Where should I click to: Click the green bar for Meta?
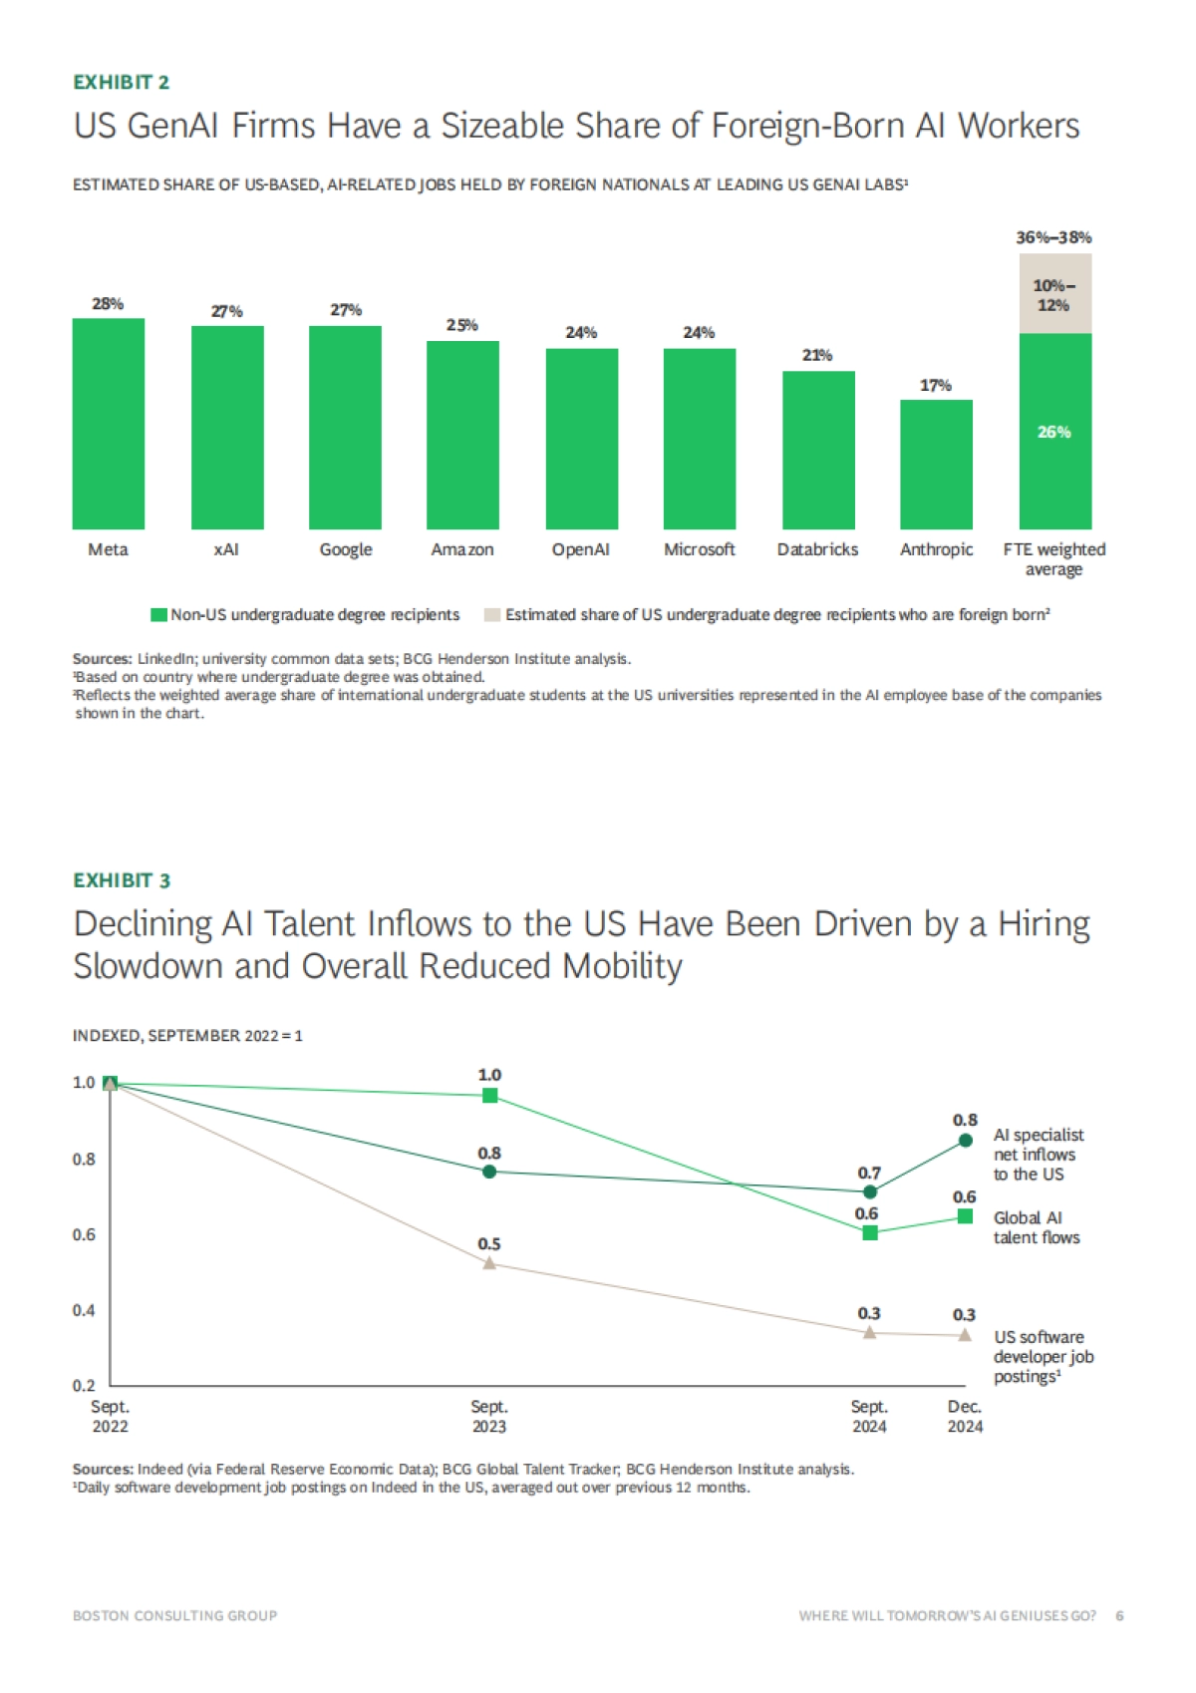[x=109, y=424]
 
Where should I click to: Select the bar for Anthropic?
[x=936, y=465]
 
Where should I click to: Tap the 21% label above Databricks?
[x=817, y=355]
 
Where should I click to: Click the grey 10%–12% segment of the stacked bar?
[x=1054, y=294]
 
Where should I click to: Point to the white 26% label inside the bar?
[x=1054, y=432]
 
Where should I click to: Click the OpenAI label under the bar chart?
[x=581, y=549]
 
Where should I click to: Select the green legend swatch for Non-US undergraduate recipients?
[x=158, y=615]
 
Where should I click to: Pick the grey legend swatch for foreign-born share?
[x=491, y=615]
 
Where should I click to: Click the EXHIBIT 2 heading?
[x=122, y=83]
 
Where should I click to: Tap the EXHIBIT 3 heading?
[x=122, y=880]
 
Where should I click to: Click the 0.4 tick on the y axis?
[x=84, y=1310]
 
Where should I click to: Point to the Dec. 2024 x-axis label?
[x=965, y=1417]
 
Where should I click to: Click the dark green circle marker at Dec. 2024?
[x=965, y=1141]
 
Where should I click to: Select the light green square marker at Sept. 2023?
[x=489, y=1096]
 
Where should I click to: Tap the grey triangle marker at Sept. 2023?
[x=489, y=1263]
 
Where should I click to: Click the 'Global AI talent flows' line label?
[x=1036, y=1227]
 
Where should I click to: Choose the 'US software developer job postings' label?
[x=1043, y=1357]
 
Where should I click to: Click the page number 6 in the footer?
[x=1120, y=1615]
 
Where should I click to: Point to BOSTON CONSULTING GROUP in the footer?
[x=175, y=1615]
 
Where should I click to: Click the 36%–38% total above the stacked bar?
[x=1053, y=237]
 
